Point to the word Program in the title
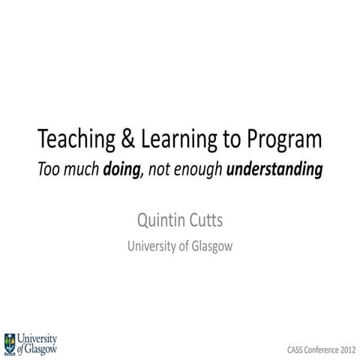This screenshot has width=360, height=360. coord(280,141)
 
